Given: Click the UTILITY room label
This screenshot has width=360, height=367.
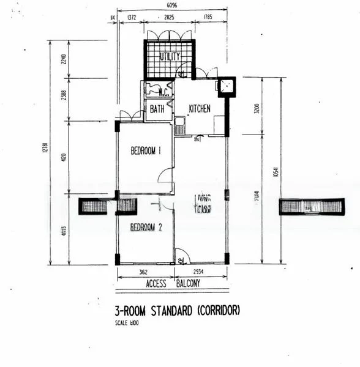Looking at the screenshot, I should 170,56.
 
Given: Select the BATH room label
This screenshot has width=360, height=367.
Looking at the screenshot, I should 157,110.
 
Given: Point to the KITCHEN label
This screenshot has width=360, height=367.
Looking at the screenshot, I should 199,108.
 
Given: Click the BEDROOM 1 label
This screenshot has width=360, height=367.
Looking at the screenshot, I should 145,151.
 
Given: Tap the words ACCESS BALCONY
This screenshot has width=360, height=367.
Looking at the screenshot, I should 173,284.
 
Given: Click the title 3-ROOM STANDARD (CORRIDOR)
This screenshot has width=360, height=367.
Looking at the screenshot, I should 178,310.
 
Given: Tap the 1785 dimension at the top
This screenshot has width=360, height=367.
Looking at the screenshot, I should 210,18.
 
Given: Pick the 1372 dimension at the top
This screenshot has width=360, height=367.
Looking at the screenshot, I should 131,18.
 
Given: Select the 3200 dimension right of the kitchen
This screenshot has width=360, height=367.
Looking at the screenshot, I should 257,109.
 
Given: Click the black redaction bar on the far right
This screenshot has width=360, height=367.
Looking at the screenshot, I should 311,207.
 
